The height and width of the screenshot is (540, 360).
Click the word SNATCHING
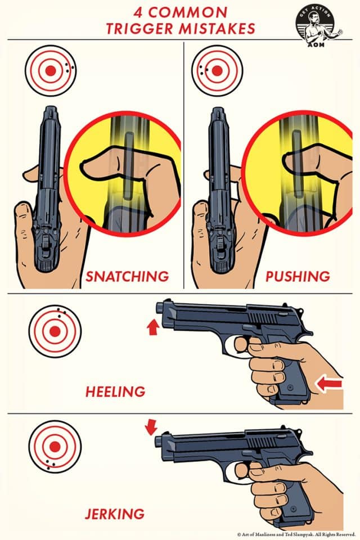click(x=127, y=276)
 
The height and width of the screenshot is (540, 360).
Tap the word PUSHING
click(x=298, y=276)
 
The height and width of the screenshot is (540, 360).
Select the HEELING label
click(x=115, y=391)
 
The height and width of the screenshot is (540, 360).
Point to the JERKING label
click(x=115, y=514)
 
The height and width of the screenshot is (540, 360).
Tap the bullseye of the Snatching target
click(x=50, y=71)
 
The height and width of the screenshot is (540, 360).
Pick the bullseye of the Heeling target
click(x=55, y=331)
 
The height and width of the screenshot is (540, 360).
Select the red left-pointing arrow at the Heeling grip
click(x=328, y=385)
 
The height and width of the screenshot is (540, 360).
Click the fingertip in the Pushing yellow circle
click(x=287, y=164)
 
